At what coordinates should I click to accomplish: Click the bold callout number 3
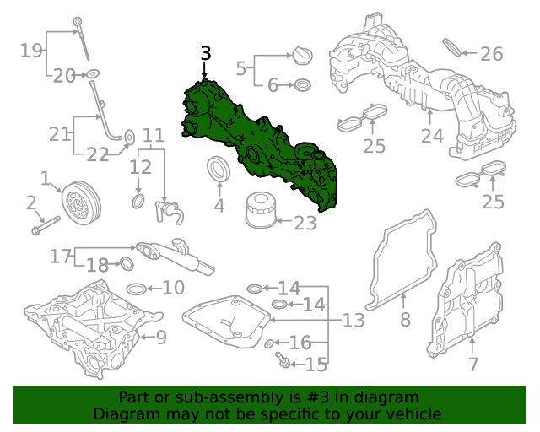206,53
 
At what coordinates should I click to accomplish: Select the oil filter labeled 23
261,210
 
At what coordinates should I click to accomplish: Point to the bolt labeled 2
46,225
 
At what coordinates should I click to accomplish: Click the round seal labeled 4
219,168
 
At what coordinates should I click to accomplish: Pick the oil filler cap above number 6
302,55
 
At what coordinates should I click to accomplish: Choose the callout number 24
432,136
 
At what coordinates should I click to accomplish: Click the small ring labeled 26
452,47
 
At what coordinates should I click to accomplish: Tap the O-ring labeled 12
138,201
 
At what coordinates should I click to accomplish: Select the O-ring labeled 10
137,289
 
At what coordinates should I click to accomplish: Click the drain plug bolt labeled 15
283,359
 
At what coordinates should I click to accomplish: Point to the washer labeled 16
269,343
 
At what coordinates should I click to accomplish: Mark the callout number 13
354,320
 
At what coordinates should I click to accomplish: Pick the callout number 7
473,364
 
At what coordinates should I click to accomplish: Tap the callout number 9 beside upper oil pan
161,337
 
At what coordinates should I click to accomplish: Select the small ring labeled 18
127,264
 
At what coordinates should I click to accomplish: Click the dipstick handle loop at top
78,22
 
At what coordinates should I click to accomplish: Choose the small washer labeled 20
92,73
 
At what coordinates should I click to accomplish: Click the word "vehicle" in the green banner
416,413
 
